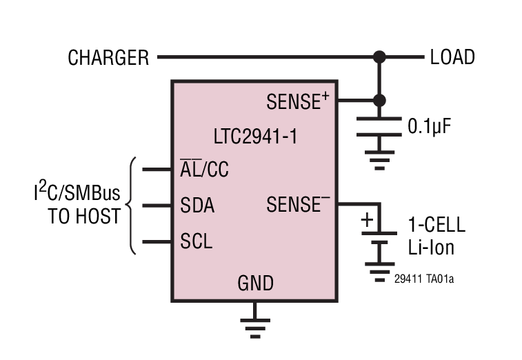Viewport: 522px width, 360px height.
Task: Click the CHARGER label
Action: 108,57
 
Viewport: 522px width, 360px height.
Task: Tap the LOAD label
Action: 452,57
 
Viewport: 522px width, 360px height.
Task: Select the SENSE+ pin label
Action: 297,102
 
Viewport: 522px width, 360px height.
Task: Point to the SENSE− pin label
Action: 297,205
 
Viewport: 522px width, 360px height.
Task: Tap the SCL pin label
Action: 196,242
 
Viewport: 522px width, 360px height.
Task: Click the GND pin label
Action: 255,283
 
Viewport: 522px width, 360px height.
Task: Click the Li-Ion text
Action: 431,247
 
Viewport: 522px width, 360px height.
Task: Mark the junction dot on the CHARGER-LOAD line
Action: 379,57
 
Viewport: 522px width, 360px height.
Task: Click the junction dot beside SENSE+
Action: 379,101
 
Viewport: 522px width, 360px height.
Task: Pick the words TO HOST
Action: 84,216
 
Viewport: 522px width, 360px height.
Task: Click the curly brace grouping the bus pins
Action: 132,206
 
